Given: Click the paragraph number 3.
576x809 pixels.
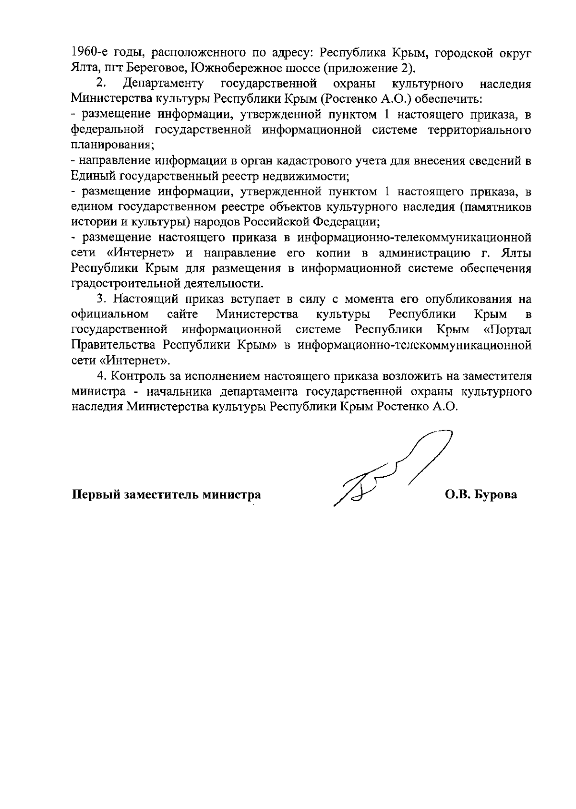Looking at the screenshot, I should click(x=100, y=299).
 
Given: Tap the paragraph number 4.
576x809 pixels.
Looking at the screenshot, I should click(x=100, y=375).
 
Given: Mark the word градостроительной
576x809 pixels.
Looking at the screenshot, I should click(x=119, y=283).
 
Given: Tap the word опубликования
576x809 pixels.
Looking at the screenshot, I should click(x=463, y=299).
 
